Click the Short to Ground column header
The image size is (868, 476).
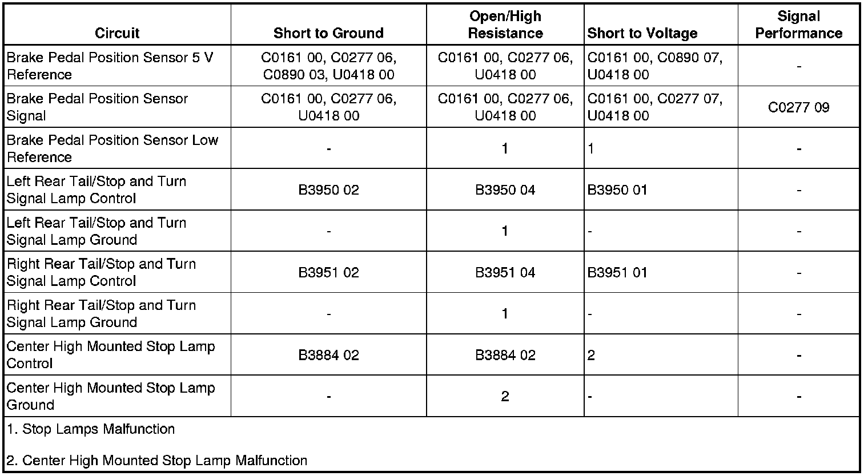(x=328, y=33)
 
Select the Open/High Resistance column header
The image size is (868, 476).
(x=505, y=25)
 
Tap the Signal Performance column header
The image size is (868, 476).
(x=798, y=25)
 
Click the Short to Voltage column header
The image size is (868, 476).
(x=642, y=33)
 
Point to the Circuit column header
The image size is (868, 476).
(x=117, y=33)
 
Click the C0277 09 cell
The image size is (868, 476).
(x=798, y=107)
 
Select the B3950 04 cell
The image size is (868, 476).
(x=505, y=190)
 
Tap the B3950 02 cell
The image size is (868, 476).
(x=328, y=190)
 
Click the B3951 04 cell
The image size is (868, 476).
(x=505, y=272)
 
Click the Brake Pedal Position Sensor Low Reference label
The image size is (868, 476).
(x=112, y=148)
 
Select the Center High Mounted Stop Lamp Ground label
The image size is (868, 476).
(x=111, y=396)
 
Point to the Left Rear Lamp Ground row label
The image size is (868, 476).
(x=96, y=231)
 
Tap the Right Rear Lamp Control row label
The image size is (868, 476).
(x=101, y=272)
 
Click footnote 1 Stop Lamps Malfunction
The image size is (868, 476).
(x=91, y=429)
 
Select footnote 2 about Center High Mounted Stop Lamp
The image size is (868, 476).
(x=157, y=461)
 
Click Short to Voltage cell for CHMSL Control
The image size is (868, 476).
(x=592, y=355)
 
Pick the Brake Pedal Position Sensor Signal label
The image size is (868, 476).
(x=97, y=107)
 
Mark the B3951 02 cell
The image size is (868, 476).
(x=328, y=272)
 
